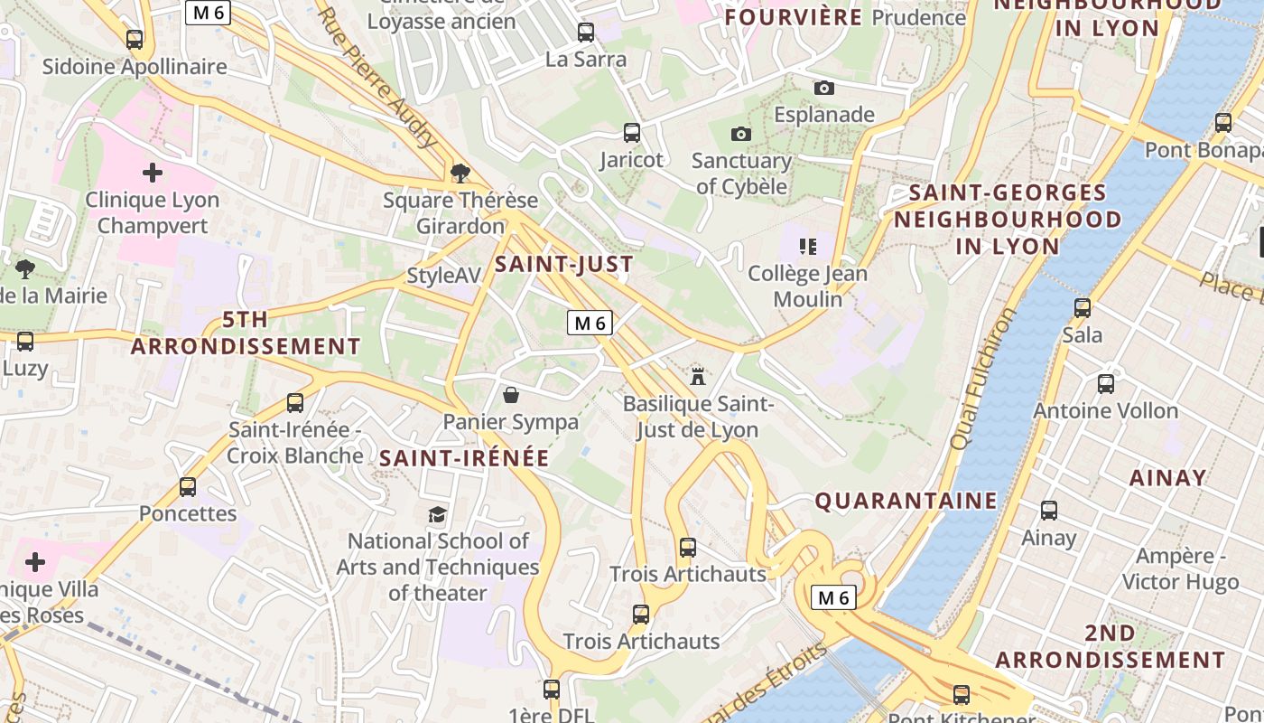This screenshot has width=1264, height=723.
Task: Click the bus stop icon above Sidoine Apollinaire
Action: (x=135, y=39)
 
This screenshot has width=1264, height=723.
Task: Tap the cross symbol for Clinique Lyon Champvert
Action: (x=153, y=172)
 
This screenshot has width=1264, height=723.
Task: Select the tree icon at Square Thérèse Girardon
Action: (x=460, y=172)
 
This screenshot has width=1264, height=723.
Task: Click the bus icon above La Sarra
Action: (x=586, y=33)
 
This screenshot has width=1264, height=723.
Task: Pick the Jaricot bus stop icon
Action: (x=632, y=133)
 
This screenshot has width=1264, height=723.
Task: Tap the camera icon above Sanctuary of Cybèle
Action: (x=740, y=135)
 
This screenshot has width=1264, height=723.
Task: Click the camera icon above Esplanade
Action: (x=823, y=88)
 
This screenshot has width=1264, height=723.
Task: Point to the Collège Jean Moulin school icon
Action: (x=808, y=246)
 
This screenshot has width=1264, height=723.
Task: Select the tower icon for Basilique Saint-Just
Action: (x=698, y=376)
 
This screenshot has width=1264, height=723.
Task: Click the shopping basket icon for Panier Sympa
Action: (x=511, y=395)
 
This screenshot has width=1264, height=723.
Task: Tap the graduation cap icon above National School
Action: (x=438, y=514)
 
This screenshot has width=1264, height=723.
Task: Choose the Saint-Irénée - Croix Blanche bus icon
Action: (x=294, y=403)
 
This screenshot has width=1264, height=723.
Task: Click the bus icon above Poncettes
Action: (x=188, y=487)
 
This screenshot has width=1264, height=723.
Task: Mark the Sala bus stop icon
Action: (x=1083, y=308)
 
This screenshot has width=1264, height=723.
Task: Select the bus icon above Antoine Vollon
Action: (x=1106, y=384)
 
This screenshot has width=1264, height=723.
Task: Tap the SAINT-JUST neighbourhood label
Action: (x=563, y=265)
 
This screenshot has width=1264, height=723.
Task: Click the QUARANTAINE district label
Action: (x=906, y=501)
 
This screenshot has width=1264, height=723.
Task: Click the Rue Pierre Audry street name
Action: (x=377, y=79)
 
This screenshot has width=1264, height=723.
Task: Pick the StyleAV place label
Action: (x=443, y=276)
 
